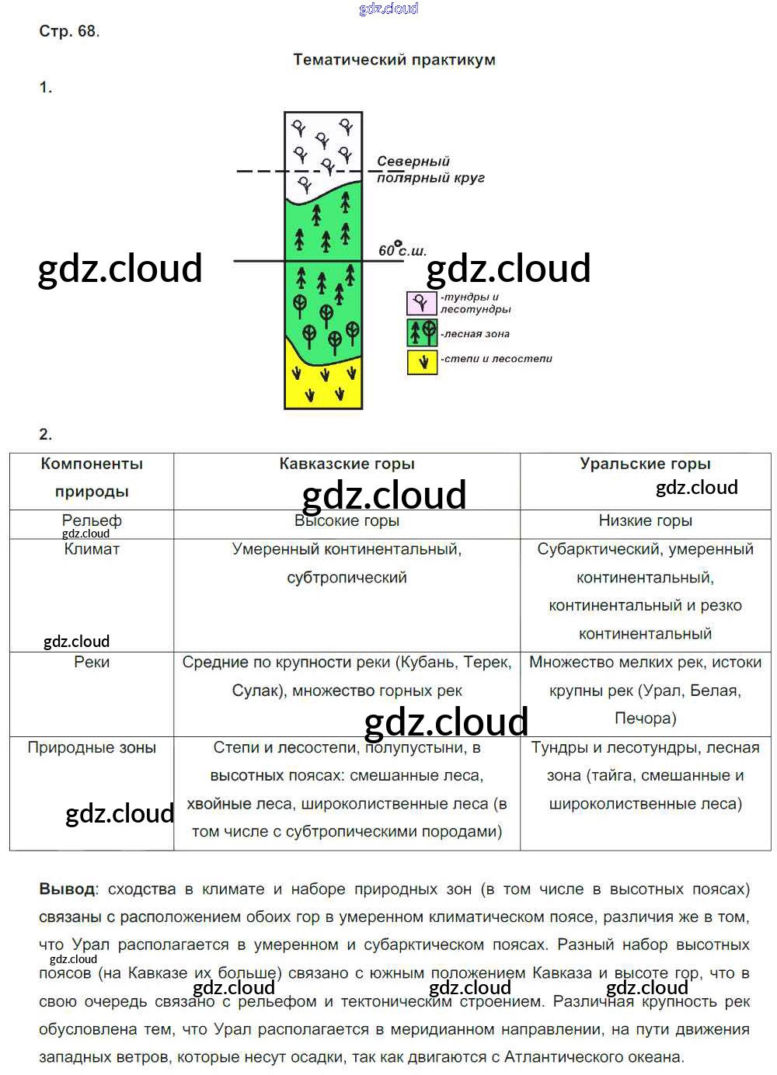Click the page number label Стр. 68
pos(68,32)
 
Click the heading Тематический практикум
pos(394,60)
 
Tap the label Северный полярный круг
pos(430,169)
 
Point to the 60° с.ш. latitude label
pos(402,250)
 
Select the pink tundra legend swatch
pos(421,303)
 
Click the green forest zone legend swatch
pos(422,333)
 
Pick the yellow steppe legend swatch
pos(422,362)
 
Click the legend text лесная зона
pos(476,334)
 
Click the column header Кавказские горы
pos(347,464)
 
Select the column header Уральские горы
pos(645,464)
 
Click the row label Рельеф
pos(92,520)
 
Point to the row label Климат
pos(92,549)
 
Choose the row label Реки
pos(92,663)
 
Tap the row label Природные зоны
pos(92,748)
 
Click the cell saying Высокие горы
pos(347,521)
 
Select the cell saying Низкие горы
pos(645,521)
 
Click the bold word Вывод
pos(68,889)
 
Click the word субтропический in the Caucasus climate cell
pos(347,578)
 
